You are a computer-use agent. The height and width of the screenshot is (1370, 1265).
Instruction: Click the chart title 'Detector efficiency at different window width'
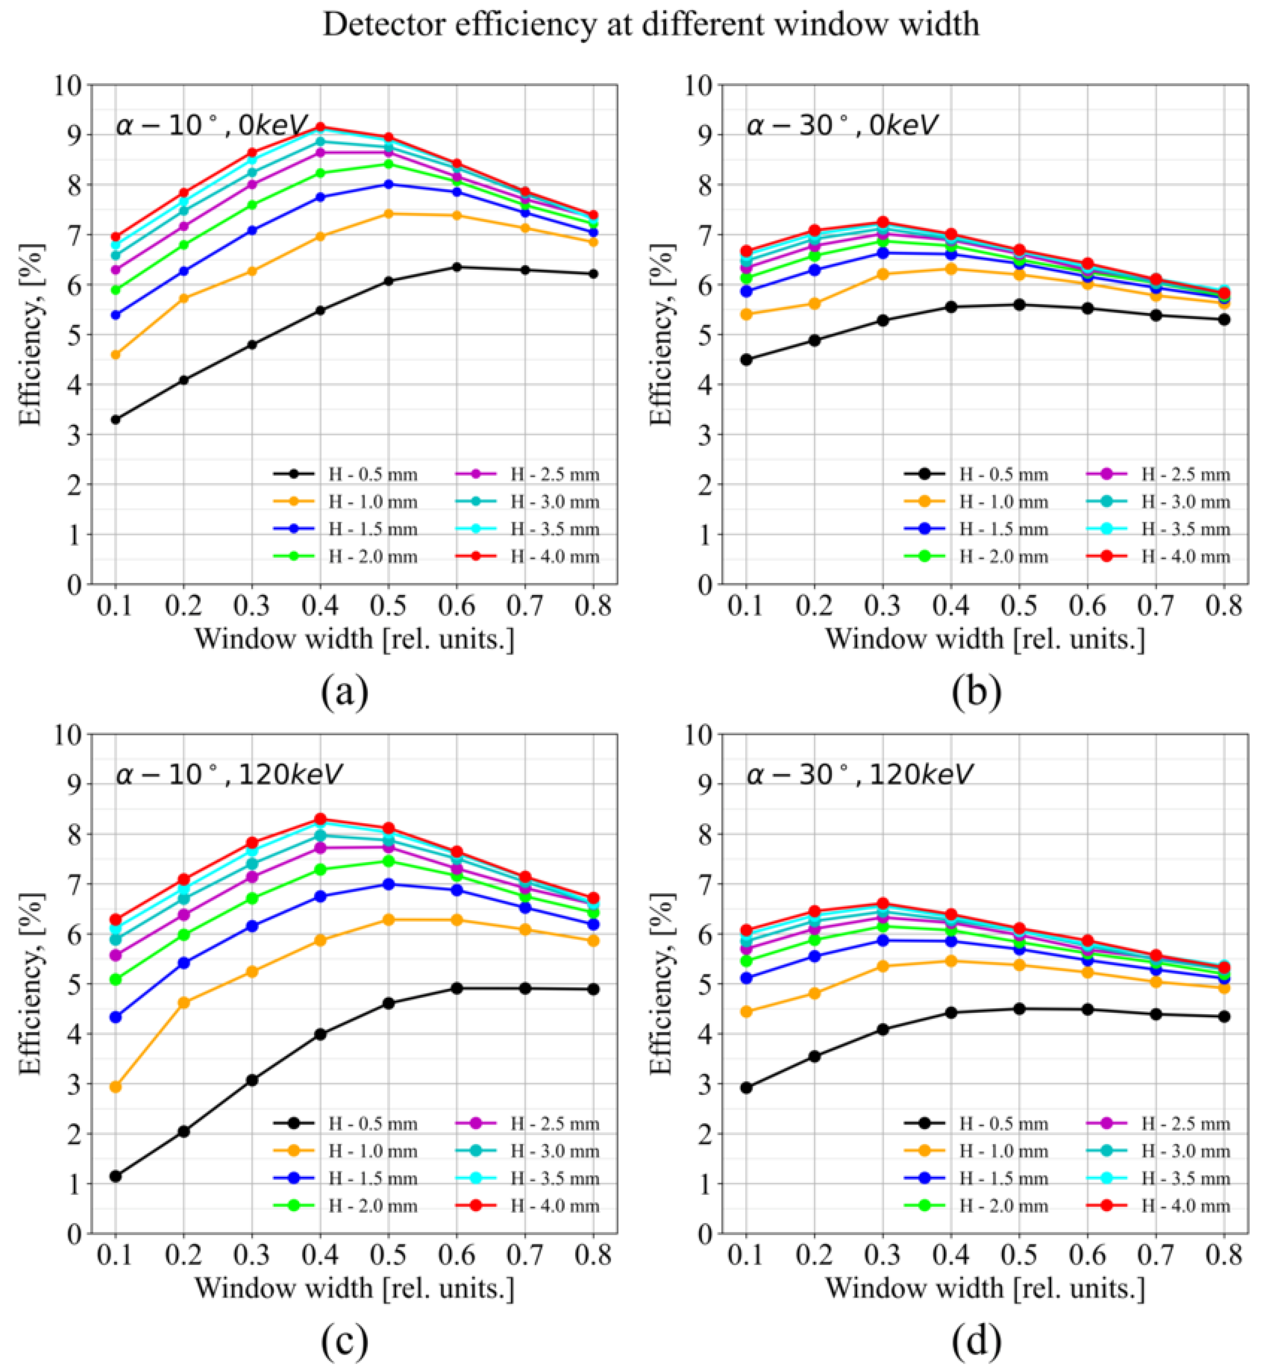click(650, 25)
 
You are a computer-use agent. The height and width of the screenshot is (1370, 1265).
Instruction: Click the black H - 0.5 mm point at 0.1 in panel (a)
click(115, 420)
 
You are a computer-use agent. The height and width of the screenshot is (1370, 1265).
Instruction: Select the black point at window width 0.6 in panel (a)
click(457, 267)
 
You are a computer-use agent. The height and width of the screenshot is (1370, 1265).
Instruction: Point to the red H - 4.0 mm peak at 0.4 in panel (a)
click(320, 127)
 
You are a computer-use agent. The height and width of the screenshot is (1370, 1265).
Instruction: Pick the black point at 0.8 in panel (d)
click(1224, 1016)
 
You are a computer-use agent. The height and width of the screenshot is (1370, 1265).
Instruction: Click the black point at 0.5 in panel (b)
click(1019, 304)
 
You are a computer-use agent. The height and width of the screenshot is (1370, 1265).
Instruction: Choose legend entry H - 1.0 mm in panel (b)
click(1003, 502)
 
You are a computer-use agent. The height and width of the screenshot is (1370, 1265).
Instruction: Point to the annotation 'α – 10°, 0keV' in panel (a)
click(212, 125)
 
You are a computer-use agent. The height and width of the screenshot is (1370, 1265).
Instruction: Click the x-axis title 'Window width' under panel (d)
click(984, 1288)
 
